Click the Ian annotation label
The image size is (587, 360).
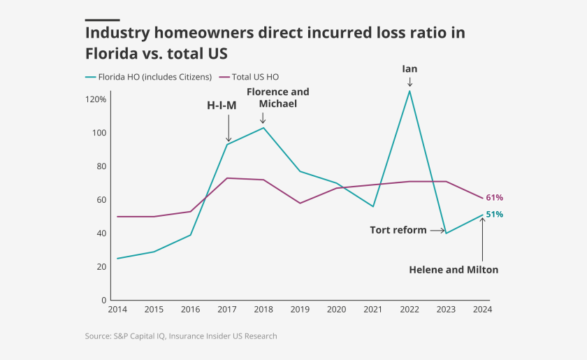[410, 69]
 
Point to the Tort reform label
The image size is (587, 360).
[398, 230]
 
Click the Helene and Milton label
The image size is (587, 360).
[454, 270]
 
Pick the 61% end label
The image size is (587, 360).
[495, 198]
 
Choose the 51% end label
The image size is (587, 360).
[495, 215]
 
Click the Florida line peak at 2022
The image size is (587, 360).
[410, 91]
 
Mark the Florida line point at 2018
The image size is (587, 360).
[263, 128]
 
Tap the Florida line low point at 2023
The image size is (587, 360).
[446, 233]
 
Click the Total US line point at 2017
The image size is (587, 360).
[228, 178]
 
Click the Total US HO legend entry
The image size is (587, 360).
[255, 77]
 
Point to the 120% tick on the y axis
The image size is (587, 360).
[96, 99]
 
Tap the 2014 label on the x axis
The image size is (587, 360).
[117, 310]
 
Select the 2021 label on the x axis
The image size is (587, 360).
[373, 310]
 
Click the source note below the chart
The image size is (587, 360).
[181, 336]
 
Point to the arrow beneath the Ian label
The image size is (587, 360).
[410, 82]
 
